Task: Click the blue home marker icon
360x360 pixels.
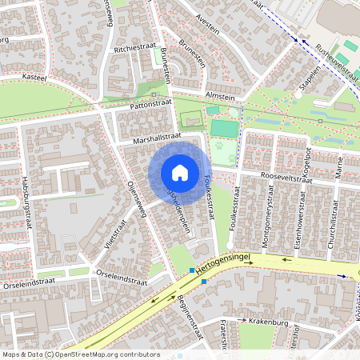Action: (180, 173)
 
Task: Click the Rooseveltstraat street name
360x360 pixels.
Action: (285, 180)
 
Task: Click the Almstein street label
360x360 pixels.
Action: (221, 95)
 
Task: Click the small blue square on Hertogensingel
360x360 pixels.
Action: (204, 282)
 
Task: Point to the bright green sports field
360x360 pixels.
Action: (224, 128)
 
